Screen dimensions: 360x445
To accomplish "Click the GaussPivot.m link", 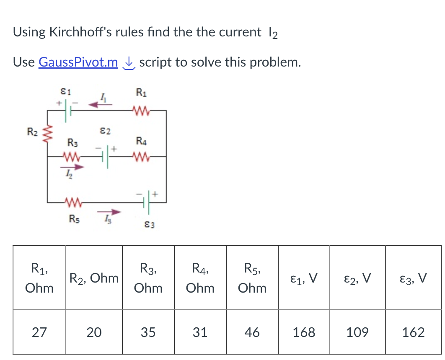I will [78, 62].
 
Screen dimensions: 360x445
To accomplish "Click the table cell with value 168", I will [303, 333].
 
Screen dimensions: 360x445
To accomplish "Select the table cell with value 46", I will [251, 333].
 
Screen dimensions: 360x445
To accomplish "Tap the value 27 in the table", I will [39, 333].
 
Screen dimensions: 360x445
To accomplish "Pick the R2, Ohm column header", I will [94, 278].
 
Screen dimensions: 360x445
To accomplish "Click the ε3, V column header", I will [413, 278].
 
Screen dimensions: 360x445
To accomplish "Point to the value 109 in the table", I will [357, 333].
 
